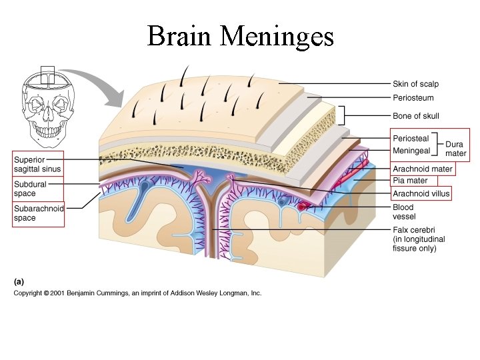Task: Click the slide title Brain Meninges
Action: [x=240, y=36]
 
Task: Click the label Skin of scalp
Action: [x=415, y=84]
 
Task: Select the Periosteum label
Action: [x=413, y=99]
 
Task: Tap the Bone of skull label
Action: [x=415, y=116]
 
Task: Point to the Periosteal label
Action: [x=411, y=139]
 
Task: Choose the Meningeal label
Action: [x=411, y=151]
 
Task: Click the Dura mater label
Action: [x=455, y=149]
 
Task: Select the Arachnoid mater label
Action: [x=422, y=169]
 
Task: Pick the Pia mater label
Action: [x=410, y=181]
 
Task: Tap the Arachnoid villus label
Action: [x=421, y=193]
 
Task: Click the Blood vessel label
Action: [x=403, y=211]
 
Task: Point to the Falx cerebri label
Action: [x=418, y=239]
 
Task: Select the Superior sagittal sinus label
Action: [x=37, y=164]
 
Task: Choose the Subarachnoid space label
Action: [x=39, y=213]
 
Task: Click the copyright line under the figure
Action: [x=137, y=293]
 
